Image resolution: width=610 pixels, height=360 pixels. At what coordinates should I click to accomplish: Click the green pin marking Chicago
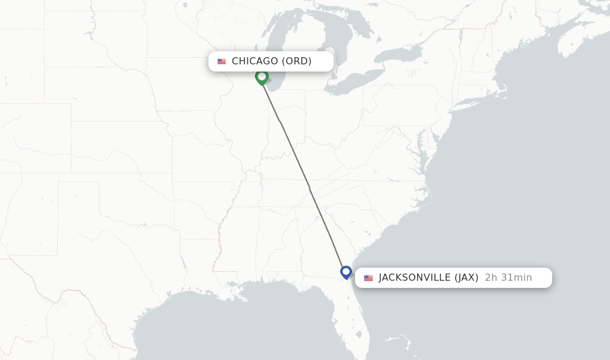[x=262, y=77]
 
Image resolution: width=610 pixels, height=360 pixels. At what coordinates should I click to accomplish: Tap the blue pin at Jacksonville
[x=346, y=272]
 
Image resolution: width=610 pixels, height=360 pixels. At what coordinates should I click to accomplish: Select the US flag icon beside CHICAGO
[x=222, y=61]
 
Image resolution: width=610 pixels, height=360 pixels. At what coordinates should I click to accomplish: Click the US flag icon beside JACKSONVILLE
[x=368, y=278]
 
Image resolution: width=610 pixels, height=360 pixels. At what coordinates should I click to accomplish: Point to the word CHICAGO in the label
[x=254, y=61]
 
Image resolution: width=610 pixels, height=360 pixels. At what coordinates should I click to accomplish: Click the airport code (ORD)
[x=297, y=61]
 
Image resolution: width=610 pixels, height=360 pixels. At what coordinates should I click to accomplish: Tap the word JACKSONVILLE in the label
[x=415, y=278]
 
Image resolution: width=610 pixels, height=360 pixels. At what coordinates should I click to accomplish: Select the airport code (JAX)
[x=466, y=278]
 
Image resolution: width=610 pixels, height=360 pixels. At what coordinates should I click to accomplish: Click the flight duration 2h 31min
[x=508, y=278]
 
